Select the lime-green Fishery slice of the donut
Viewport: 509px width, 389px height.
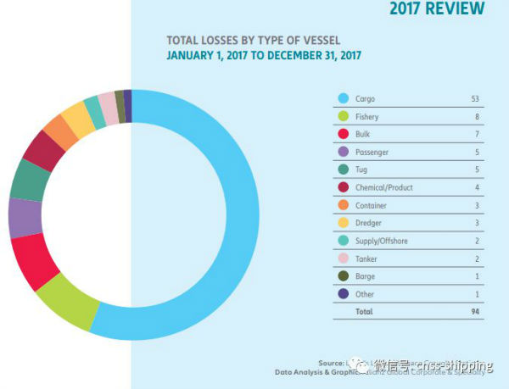tap(68, 304)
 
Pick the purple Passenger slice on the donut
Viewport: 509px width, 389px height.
tap(25, 218)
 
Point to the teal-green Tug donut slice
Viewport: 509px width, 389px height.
tap(29, 179)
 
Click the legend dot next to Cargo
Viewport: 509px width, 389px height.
tap(344, 99)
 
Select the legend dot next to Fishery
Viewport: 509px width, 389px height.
tap(344, 117)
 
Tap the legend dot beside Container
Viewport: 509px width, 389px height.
tap(344, 205)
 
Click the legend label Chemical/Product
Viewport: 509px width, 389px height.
tap(384, 187)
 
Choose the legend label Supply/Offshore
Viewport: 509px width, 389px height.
tap(382, 241)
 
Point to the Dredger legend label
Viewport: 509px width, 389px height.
tap(370, 223)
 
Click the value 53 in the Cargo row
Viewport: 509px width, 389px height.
tap(476, 99)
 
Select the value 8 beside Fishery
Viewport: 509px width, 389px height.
tap(478, 117)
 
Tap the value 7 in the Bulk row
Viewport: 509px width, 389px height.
tap(478, 135)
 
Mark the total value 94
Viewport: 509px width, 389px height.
tap(476, 312)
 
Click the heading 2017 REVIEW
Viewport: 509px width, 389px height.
tap(438, 9)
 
